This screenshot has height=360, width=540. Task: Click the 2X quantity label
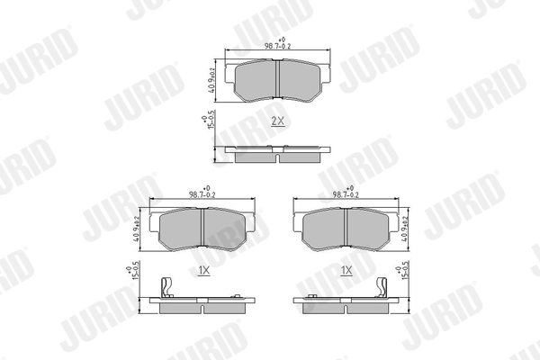(277, 119)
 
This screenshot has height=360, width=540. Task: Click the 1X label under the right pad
(345, 269)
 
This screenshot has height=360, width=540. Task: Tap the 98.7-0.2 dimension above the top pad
(278, 46)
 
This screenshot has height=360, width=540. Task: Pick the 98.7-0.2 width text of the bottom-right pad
(346, 194)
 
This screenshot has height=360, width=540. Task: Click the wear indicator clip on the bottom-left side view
(165, 287)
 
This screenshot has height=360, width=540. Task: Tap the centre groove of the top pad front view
(278, 81)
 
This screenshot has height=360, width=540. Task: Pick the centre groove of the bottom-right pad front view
(346, 230)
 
